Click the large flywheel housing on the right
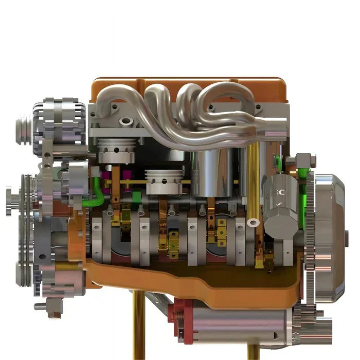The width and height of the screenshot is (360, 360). coord(329,237)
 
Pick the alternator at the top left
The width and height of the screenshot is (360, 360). coord(59,123)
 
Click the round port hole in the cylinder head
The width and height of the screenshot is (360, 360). coord(125,122)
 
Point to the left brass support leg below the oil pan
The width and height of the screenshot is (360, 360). coord(138,329)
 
